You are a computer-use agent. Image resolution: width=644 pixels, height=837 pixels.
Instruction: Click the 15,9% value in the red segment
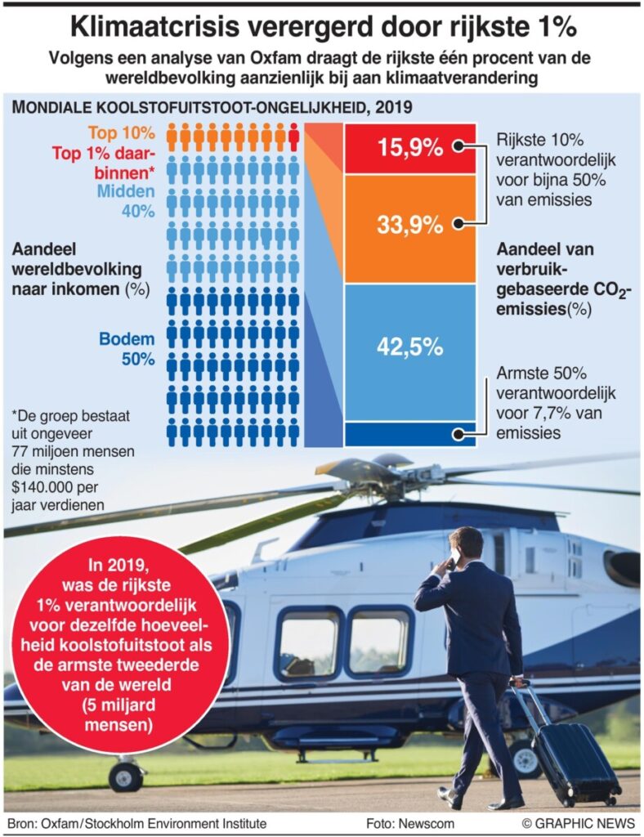[409, 148]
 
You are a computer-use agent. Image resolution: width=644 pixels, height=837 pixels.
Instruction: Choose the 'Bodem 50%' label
[127, 349]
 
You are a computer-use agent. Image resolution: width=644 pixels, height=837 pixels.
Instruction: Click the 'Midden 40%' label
[126, 202]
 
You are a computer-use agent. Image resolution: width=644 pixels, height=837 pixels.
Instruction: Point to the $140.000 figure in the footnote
[50, 489]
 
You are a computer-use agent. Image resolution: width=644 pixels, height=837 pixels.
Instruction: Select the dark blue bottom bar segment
[409, 433]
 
